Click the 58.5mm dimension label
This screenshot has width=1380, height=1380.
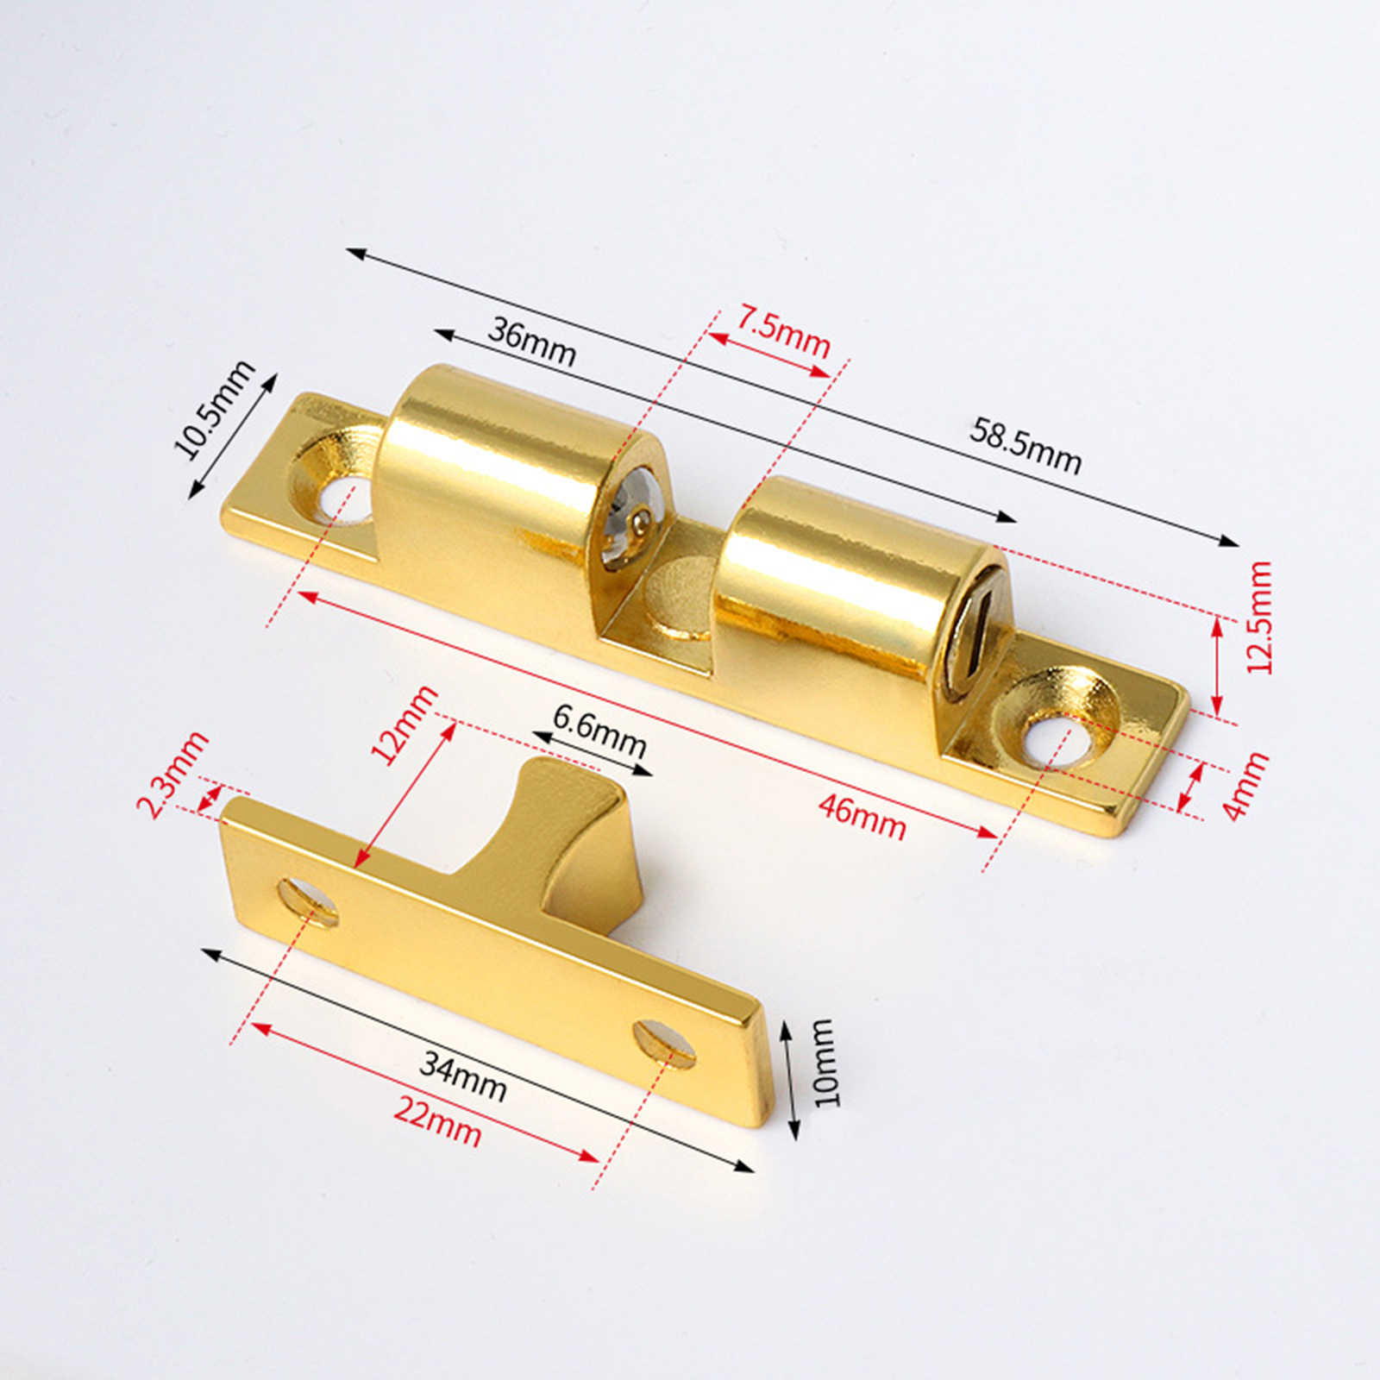[x=1025, y=446]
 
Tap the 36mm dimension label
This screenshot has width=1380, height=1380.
[x=531, y=342]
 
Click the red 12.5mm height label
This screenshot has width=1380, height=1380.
[x=1259, y=617]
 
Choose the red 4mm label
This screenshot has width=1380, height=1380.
[x=1245, y=785]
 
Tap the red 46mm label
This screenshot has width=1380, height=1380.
[x=862, y=819]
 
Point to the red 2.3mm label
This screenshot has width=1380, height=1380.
[x=173, y=774]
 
